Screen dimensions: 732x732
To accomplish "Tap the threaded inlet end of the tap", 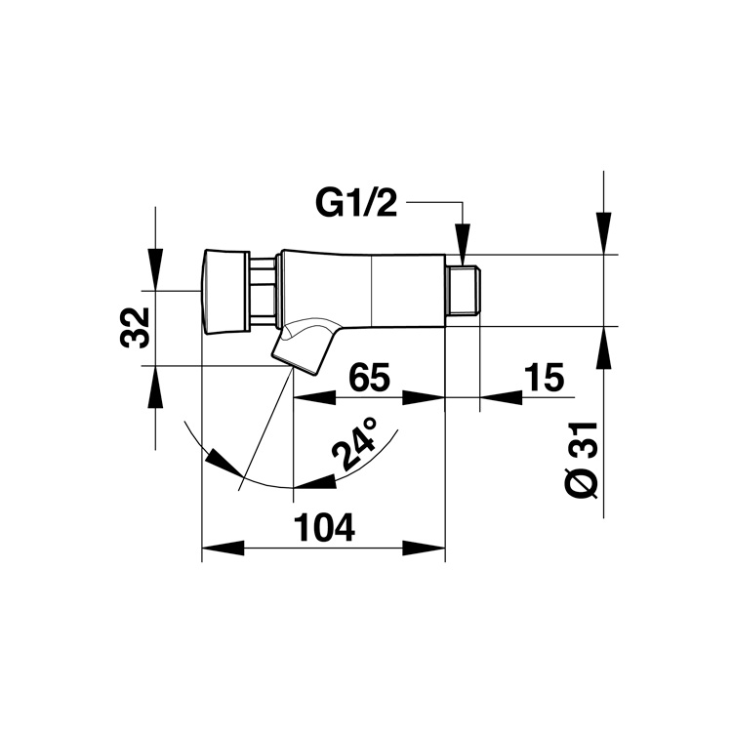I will click(x=463, y=290).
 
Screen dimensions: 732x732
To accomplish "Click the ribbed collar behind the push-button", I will click(x=263, y=291).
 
